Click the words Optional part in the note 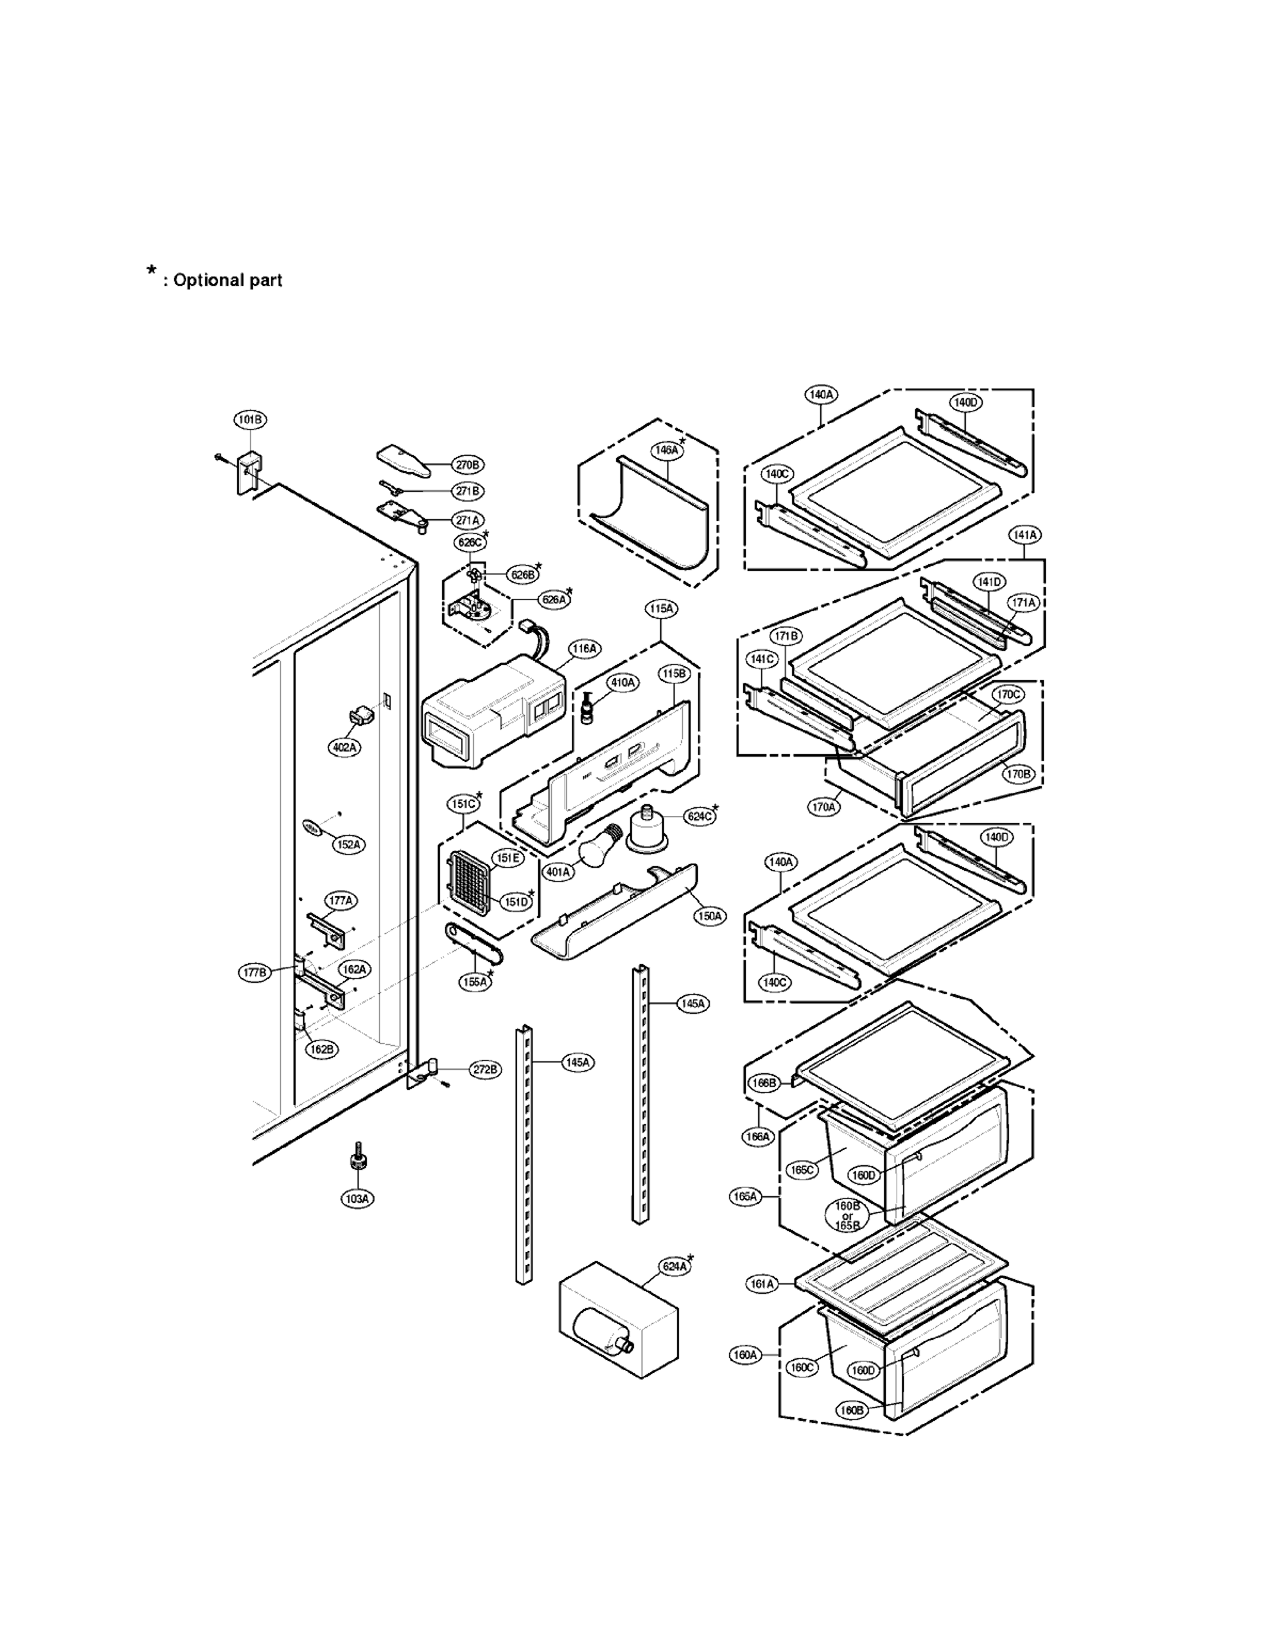coord(227,280)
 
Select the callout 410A coord(623,683)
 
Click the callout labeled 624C coord(698,816)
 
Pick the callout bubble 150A coord(709,916)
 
